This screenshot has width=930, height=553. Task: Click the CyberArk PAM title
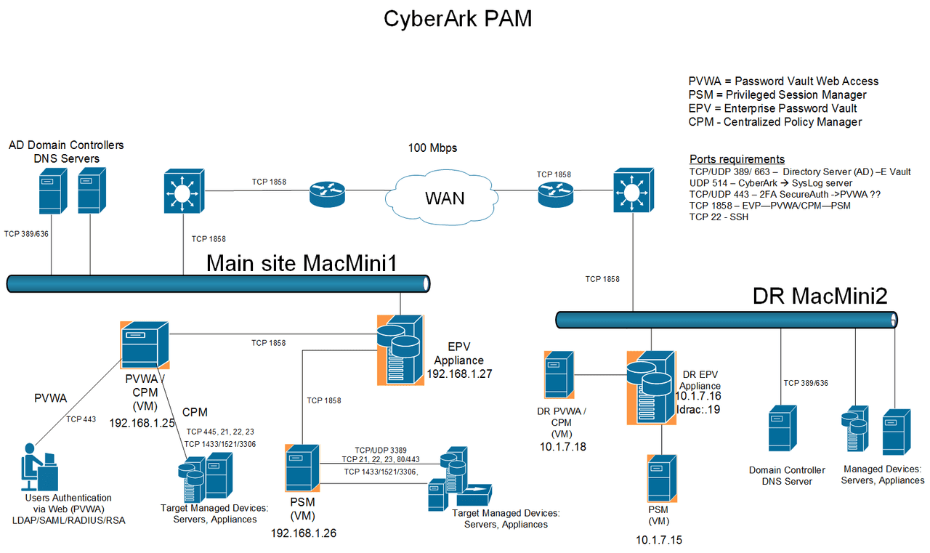tap(458, 19)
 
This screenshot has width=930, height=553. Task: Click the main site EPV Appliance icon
tap(400, 349)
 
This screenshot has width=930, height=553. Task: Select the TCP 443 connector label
tap(81, 419)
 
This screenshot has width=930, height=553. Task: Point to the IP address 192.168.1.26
tap(303, 533)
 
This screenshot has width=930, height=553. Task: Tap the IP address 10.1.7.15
tap(658, 540)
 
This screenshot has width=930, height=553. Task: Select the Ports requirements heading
tap(736, 159)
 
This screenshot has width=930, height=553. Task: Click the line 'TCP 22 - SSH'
tap(719, 217)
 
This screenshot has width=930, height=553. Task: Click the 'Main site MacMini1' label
tap(302, 263)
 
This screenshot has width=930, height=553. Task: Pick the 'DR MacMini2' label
tap(820, 295)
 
